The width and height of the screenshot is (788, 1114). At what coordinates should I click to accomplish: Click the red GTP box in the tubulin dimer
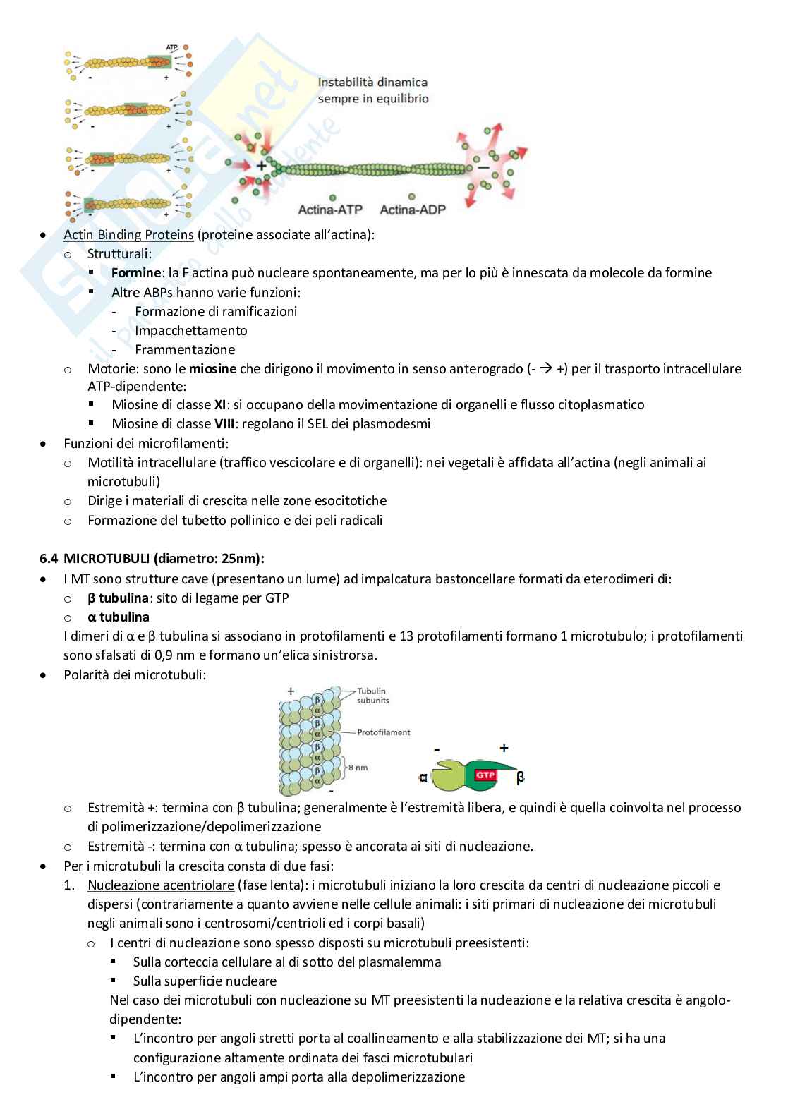tap(485, 775)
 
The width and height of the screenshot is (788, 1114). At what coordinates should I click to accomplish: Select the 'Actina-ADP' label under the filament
tap(413, 210)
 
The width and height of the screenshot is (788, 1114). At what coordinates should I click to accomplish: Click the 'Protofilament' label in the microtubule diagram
tap(383, 732)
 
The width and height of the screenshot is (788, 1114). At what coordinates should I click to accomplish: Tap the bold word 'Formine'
tap(136, 273)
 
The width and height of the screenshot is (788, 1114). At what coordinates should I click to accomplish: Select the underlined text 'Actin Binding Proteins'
tap(128, 235)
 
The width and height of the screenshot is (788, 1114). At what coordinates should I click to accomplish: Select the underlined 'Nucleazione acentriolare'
tap(160, 885)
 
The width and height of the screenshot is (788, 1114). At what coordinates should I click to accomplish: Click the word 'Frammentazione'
tap(185, 349)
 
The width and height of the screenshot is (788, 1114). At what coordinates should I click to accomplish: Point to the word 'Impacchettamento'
tap(190, 330)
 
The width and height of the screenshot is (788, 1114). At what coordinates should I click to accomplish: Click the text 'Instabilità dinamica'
tap(372, 83)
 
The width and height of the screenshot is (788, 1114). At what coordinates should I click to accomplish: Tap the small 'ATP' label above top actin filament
tap(172, 47)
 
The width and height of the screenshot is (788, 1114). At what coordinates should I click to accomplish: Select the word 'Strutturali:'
tap(119, 254)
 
